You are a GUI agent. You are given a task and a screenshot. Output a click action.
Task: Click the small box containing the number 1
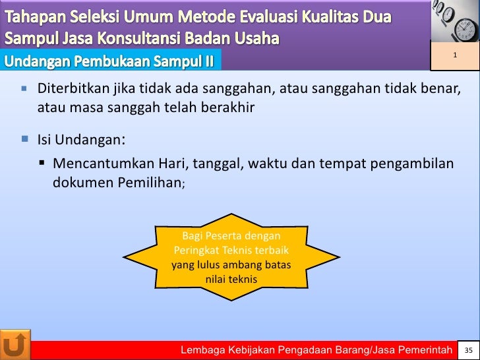pyautogui.click(x=454, y=55)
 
